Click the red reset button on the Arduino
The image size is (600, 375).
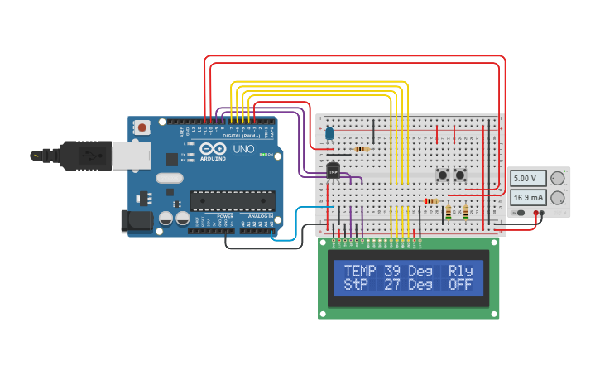(x=142, y=127)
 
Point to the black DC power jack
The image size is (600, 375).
(x=136, y=221)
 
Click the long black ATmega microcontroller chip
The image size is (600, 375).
(x=233, y=200)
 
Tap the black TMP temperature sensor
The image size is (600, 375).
(x=334, y=170)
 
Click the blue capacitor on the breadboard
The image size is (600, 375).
(x=329, y=132)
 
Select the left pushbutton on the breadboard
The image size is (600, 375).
(x=443, y=175)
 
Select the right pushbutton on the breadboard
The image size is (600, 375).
(x=460, y=175)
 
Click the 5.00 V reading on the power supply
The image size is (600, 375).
(x=528, y=179)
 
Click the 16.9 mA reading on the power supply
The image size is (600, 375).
(x=528, y=198)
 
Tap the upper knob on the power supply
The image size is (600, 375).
(x=559, y=178)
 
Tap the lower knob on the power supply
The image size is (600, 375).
(x=559, y=198)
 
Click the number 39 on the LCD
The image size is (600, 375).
(x=394, y=271)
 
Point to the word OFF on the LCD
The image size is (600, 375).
(x=460, y=285)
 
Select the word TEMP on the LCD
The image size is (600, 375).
(x=359, y=271)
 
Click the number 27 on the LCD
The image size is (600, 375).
(x=394, y=285)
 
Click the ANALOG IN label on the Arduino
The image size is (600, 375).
(x=258, y=216)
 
